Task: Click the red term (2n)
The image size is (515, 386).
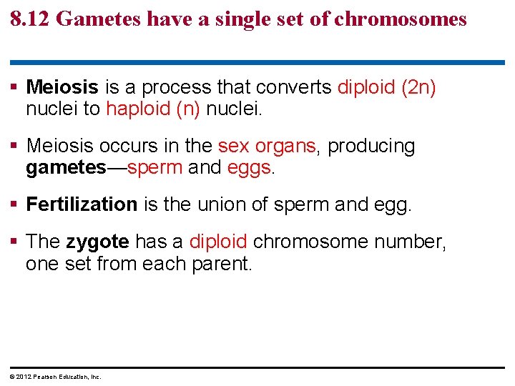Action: click(x=419, y=88)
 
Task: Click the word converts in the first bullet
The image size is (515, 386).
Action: click(x=294, y=88)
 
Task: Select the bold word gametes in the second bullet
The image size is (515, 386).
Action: click(x=65, y=167)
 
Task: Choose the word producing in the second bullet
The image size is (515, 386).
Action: click(x=371, y=147)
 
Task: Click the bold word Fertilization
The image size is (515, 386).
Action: click(x=82, y=205)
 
